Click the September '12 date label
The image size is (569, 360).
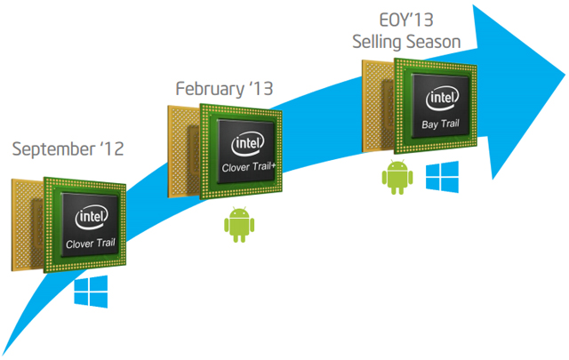[68, 148]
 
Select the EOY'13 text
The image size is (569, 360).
[404, 20]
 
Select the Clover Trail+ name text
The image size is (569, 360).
[253, 167]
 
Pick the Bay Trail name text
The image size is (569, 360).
[443, 126]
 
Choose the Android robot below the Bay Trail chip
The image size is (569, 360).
[397, 178]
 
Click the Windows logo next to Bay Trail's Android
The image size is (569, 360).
[439, 176]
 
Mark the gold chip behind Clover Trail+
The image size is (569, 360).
[180, 142]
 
